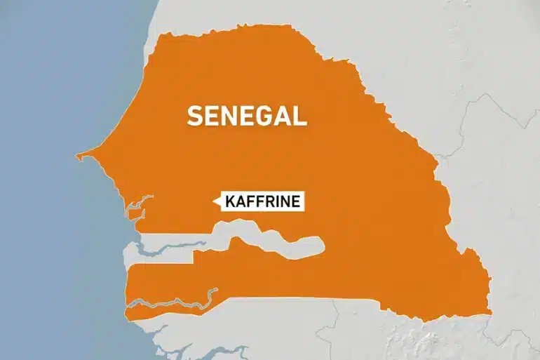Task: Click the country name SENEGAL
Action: (x=246, y=115)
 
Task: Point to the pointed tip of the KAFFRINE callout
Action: (x=215, y=202)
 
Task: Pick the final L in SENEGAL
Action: (x=301, y=115)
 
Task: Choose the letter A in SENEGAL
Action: (x=283, y=115)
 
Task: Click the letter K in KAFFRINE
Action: (x=232, y=202)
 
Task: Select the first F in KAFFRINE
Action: (x=251, y=202)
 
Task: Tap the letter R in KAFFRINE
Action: (x=269, y=202)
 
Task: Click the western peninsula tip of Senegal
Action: (x=79, y=155)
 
